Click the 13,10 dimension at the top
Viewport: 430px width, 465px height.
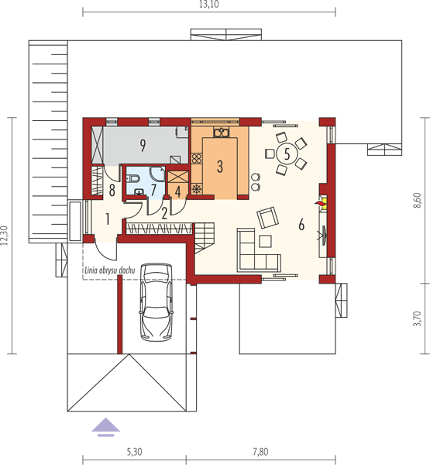click(x=208, y=5)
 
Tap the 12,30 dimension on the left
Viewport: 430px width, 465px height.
click(x=4, y=236)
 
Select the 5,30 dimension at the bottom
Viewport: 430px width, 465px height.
click(x=134, y=452)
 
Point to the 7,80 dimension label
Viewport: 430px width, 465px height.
click(x=260, y=452)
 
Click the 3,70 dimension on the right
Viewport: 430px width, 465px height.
click(x=417, y=319)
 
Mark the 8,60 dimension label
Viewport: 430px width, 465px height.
click(x=417, y=201)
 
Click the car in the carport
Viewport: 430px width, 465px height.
click(x=157, y=302)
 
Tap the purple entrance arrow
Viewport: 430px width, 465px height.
click(x=105, y=427)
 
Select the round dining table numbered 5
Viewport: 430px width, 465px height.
click(x=287, y=154)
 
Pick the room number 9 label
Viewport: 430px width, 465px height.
click(x=143, y=146)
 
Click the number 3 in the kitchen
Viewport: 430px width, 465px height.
click(x=220, y=167)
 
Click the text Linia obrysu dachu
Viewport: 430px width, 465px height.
click(x=110, y=270)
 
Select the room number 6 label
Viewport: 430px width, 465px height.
click(x=301, y=224)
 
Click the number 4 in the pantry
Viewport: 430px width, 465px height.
click(x=178, y=192)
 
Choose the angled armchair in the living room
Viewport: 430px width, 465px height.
click(x=268, y=218)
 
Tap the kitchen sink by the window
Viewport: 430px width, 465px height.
click(x=221, y=133)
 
